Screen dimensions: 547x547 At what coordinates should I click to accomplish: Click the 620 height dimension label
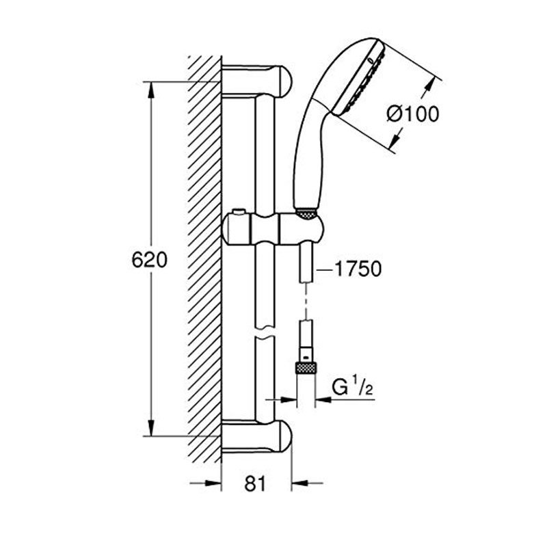coord(149,260)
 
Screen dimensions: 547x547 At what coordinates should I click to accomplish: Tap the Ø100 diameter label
coord(414,114)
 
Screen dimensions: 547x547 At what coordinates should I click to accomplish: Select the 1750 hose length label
coord(358,269)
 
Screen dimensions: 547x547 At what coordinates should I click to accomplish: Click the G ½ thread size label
coord(352,387)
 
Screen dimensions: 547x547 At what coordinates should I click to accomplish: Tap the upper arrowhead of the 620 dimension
coord(150,90)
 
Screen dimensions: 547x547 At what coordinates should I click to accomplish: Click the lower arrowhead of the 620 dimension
coord(150,429)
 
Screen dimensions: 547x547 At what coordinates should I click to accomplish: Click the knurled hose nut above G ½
coord(306,369)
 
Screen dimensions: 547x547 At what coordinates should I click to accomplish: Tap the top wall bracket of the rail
coord(256,81)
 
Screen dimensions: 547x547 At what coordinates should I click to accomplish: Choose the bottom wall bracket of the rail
coord(256,436)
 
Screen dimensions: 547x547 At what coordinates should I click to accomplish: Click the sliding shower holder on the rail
coord(273,230)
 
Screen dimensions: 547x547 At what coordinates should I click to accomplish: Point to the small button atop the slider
coord(239,212)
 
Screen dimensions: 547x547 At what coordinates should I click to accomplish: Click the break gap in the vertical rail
coord(265,333)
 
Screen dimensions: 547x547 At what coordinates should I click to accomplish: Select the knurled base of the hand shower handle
coord(306,214)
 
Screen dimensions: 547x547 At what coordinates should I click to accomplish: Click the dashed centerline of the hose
coord(306,302)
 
